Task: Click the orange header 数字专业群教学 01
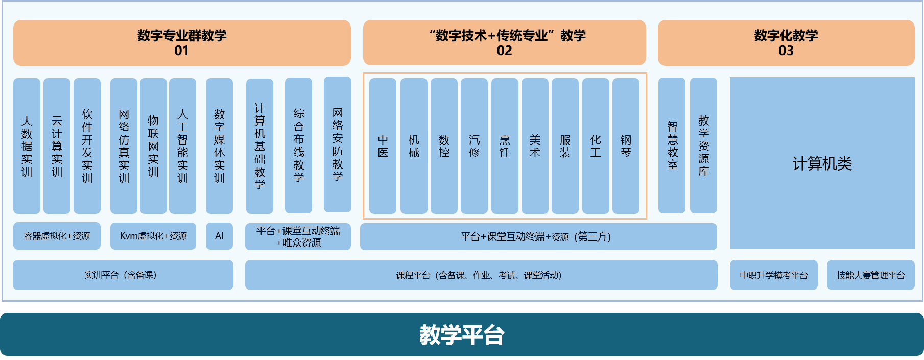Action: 182,43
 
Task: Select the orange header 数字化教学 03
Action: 786,43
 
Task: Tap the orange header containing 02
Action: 505,43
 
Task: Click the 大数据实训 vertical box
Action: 27,146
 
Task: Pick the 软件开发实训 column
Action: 87,146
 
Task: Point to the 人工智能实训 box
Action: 182,146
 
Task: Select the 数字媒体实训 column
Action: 219,146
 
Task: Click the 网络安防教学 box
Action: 338,145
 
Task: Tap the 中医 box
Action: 383,146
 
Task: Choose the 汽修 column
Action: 474,146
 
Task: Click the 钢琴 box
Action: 626,146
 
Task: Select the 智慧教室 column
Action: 672,146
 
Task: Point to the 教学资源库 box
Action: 703,146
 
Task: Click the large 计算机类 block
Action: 822,163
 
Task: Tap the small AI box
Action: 219,236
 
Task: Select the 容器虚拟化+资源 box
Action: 57,236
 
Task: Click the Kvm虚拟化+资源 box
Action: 153,236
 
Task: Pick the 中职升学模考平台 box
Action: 774,275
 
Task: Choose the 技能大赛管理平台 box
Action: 871,275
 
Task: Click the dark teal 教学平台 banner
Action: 462,334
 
